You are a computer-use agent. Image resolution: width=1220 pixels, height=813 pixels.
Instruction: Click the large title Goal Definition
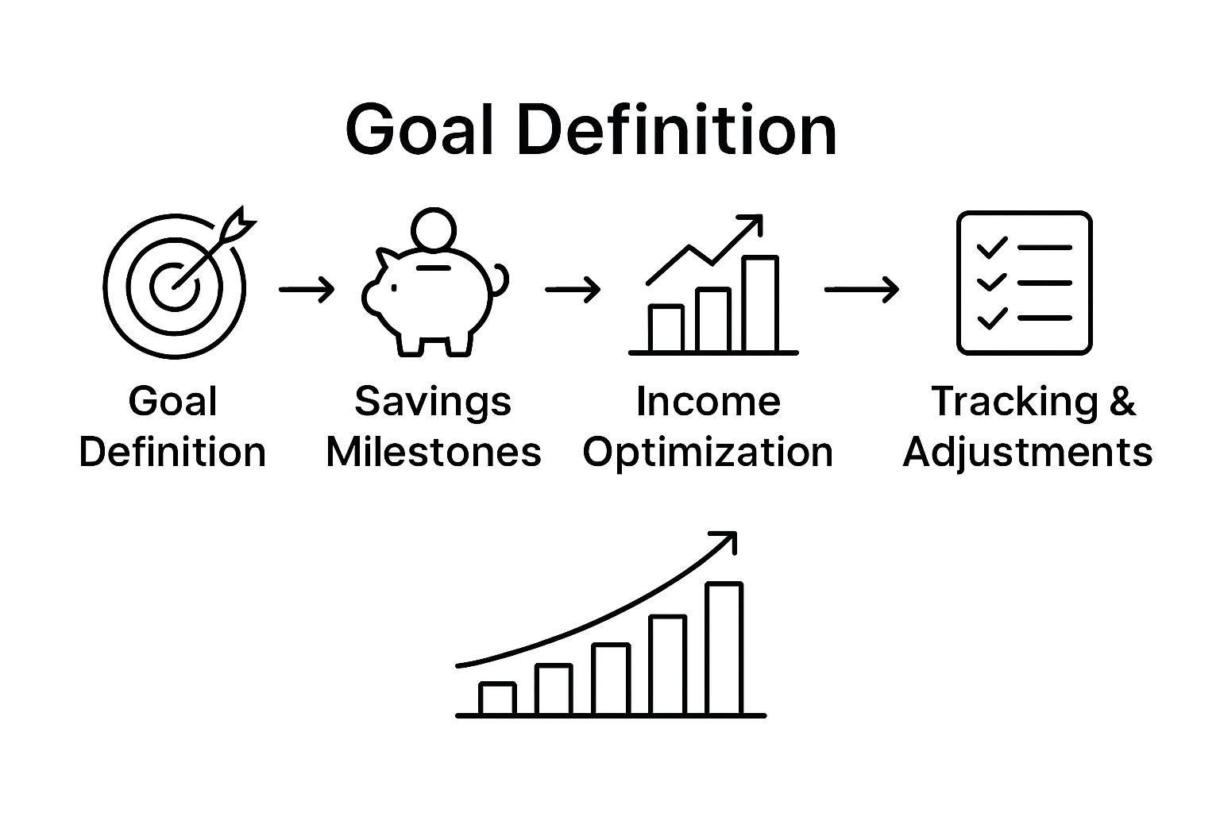point(591,129)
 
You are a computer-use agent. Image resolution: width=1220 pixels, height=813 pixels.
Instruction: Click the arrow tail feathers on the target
point(241,222)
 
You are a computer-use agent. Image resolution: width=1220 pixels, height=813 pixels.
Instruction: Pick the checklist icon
point(1024,283)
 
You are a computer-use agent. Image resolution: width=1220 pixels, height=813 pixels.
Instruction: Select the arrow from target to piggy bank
point(307,290)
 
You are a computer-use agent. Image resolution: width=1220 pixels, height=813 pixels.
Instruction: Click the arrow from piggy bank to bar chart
point(572,290)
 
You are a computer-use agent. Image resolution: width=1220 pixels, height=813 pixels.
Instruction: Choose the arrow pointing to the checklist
point(861,290)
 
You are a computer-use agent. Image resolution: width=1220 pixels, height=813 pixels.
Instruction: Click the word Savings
point(433,401)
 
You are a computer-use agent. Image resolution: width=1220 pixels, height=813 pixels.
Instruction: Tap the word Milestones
point(433,452)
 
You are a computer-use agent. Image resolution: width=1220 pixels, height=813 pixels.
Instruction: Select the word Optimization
point(708,452)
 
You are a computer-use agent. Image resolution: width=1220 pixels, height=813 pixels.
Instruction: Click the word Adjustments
point(1027,452)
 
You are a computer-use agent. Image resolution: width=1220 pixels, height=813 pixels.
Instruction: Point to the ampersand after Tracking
point(1122,401)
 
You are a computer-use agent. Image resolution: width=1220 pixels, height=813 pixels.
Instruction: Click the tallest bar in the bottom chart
point(724,649)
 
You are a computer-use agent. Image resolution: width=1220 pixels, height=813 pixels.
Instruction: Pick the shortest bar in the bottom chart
point(497,699)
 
